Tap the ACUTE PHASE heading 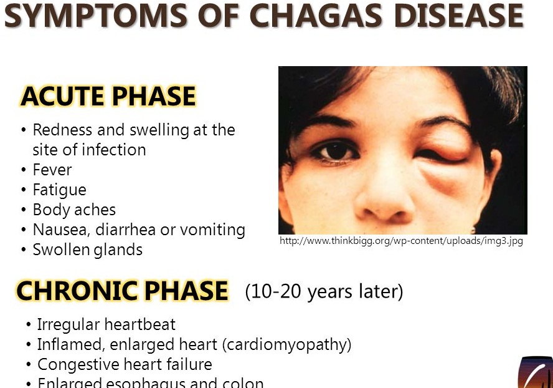coord(108,97)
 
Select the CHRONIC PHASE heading coord(122,291)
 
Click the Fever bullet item coord(52,170)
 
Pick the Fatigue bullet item coord(59,190)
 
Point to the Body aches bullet coord(74,210)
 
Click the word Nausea coord(60,230)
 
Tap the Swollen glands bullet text coord(87,250)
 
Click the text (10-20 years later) coord(324,291)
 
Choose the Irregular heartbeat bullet coord(106,324)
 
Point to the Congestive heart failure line coord(125,364)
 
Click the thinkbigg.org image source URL coord(401,241)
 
